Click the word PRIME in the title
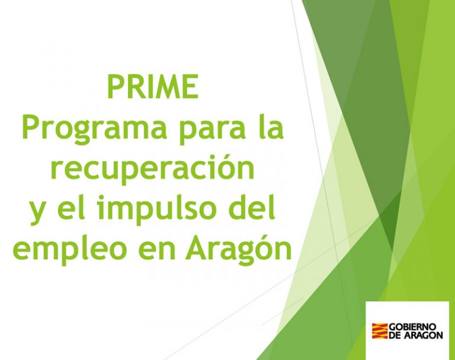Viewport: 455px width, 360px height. [153, 87]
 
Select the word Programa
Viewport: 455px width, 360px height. [94, 129]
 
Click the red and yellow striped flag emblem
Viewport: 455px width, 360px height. [380, 331]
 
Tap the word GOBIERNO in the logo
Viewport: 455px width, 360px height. [412, 327]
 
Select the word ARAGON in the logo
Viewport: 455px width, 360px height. [424, 335]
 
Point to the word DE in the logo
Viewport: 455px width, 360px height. [395, 335]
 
